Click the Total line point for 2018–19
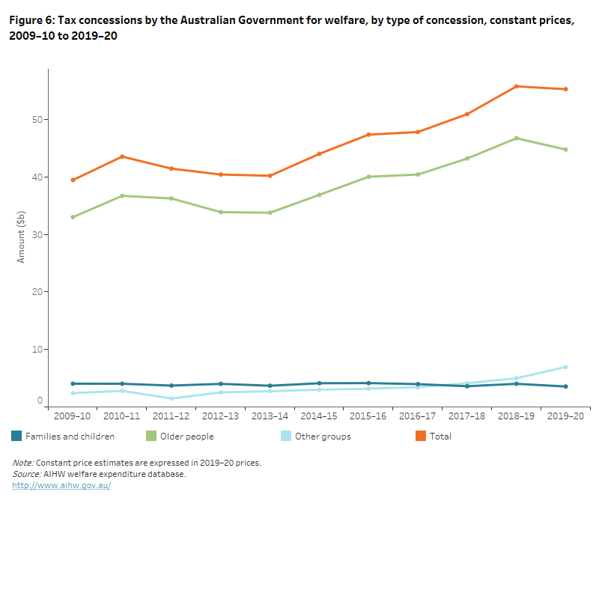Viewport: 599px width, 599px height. (517, 86)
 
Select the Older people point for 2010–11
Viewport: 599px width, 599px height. (122, 196)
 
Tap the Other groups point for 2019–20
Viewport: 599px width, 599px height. (566, 367)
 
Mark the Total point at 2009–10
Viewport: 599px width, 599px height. (73, 180)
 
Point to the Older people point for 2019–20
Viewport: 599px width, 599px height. (566, 150)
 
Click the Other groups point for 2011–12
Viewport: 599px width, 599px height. (171, 398)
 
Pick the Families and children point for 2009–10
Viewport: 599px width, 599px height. (73, 383)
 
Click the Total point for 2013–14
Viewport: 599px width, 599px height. (270, 176)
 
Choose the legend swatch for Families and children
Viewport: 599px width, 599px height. (16, 436)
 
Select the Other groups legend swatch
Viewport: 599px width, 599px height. (286, 436)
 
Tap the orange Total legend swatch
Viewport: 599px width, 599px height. (421, 436)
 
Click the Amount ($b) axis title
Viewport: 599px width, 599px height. (22, 235)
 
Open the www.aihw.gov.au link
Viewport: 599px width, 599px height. (61, 485)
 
